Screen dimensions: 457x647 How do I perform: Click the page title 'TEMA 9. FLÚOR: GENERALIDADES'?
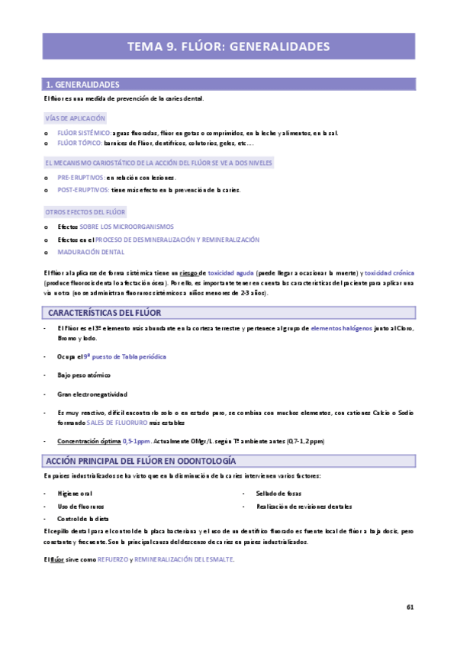[x=228, y=47]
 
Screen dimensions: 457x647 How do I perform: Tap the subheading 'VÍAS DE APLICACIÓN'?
[x=76, y=118]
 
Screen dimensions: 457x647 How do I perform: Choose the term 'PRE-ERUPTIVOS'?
[x=81, y=177]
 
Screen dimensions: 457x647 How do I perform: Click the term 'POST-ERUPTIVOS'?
[x=83, y=189]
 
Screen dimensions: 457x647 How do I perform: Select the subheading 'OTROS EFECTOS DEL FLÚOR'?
[x=85, y=211]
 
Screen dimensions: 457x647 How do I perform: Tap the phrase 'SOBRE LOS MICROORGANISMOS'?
[x=127, y=227]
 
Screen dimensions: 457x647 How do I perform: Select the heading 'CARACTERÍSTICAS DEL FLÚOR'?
[x=105, y=313]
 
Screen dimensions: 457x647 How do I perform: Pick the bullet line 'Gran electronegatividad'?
[x=92, y=394]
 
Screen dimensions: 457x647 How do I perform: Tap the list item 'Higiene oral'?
[x=75, y=494]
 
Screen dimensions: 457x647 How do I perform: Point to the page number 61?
[x=410, y=607]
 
